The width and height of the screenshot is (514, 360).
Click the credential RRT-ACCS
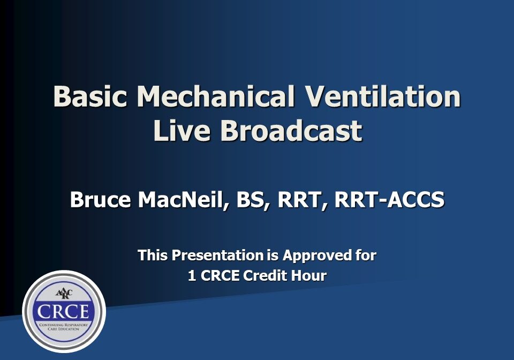tap(389, 200)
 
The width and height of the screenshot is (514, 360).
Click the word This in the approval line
tap(153, 255)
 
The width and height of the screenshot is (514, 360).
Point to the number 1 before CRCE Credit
tap(192, 276)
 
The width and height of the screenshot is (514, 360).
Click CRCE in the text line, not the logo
tap(220, 276)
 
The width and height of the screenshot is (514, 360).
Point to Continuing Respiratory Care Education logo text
tap(64, 327)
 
